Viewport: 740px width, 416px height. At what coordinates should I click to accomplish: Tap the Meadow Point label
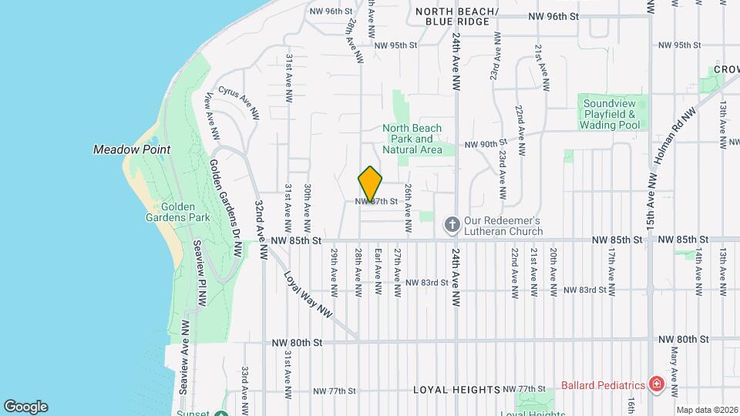pyautogui.click(x=131, y=149)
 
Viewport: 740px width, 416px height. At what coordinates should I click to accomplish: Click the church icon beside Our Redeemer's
pyautogui.click(x=452, y=225)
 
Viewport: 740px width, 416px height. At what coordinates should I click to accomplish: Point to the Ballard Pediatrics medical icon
pyautogui.click(x=656, y=384)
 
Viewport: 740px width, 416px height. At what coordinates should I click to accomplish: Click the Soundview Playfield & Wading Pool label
pyautogui.click(x=611, y=114)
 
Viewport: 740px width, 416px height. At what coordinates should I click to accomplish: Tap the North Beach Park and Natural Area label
pyautogui.click(x=412, y=139)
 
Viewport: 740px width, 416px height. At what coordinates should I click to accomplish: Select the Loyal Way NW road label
pyautogui.click(x=307, y=294)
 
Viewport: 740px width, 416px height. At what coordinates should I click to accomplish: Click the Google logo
pyautogui.click(x=25, y=407)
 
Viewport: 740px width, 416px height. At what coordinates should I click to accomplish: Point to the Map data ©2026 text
pyautogui.click(x=706, y=410)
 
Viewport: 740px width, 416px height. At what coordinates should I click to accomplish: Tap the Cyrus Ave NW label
pyautogui.click(x=237, y=102)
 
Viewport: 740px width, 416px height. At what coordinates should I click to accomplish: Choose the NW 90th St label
pyautogui.click(x=484, y=143)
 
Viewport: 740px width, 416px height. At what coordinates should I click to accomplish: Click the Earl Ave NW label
pyautogui.click(x=378, y=271)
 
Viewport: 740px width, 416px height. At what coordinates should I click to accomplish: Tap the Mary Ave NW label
pyautogui.click(x=674, y=366)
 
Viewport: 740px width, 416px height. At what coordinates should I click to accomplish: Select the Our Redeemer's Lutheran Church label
pyautogui.click(x=503, y=225)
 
